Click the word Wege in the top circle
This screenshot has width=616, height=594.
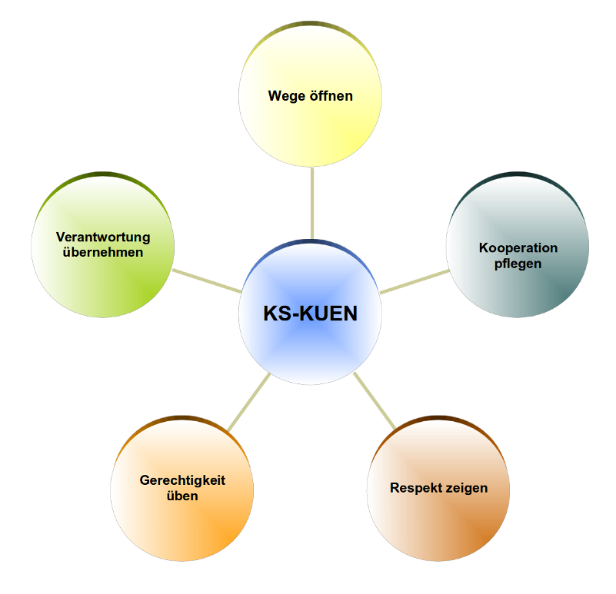coord(285,97)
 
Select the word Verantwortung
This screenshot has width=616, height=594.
coord(103,237)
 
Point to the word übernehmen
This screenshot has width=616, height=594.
coord(103,252)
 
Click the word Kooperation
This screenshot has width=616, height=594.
coord(518,248)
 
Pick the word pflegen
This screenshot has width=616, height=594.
coord(518,264)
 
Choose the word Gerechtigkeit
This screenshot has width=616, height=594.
coord(182,481)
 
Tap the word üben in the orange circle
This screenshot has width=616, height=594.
coord(182,496)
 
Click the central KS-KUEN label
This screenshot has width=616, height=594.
coord(310,314)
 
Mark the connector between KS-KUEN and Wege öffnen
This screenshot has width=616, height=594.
coord(311,204)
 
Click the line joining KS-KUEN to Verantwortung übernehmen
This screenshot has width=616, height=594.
coord(206,280)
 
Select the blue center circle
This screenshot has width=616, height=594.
coord(310,353)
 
